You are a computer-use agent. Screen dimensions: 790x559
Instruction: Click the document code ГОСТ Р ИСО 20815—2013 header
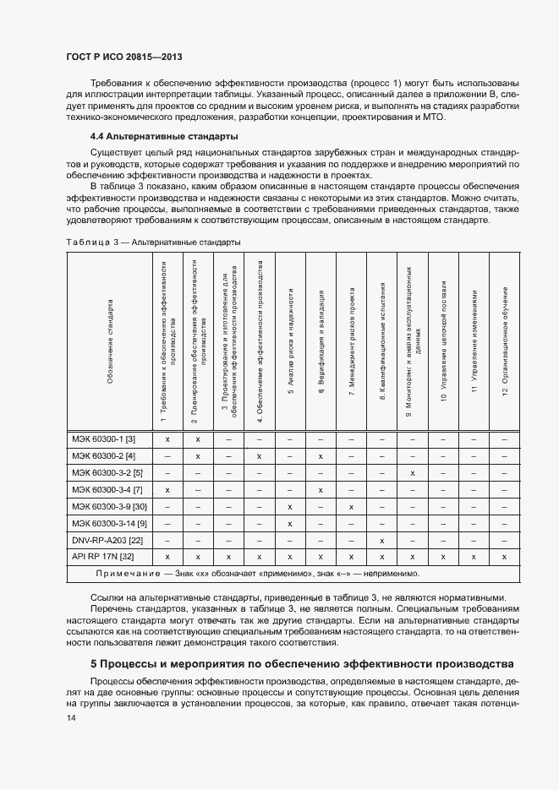(x=124, y=57)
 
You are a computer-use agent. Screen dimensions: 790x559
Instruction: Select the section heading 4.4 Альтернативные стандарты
(x=164, y=136)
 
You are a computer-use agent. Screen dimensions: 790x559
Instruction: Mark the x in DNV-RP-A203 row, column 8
(x=382, y=540)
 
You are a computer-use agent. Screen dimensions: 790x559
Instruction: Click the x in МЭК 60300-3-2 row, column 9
(x=413, y=472)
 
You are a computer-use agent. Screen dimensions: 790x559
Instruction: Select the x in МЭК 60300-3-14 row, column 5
(x=290, y=523)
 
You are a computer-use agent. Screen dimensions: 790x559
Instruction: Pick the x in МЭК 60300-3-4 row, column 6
(x=321, y=489)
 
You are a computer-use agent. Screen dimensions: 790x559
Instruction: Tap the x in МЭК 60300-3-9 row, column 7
(x=351, y=506)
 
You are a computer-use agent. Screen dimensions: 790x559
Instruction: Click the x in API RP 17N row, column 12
(x=505, y=557)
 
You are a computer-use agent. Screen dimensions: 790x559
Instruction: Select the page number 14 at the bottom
(x=70, y=717)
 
